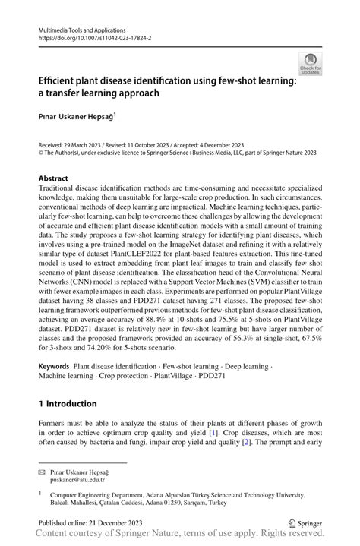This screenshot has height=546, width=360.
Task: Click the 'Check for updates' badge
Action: coord(309,63)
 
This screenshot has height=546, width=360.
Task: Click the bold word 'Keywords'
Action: coord(54,366)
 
